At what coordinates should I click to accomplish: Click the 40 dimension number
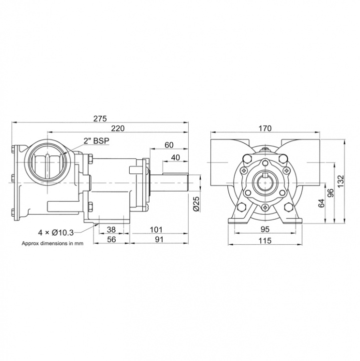pos(175,157)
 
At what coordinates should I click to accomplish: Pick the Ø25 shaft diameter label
pos(196,204)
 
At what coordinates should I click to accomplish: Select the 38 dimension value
pos(111,229)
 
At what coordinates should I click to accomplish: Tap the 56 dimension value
pos(111,240)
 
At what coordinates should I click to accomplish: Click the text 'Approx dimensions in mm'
pos(52,244)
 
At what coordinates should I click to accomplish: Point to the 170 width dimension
pos(265,128)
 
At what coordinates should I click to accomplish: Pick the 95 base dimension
pos(265,229)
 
